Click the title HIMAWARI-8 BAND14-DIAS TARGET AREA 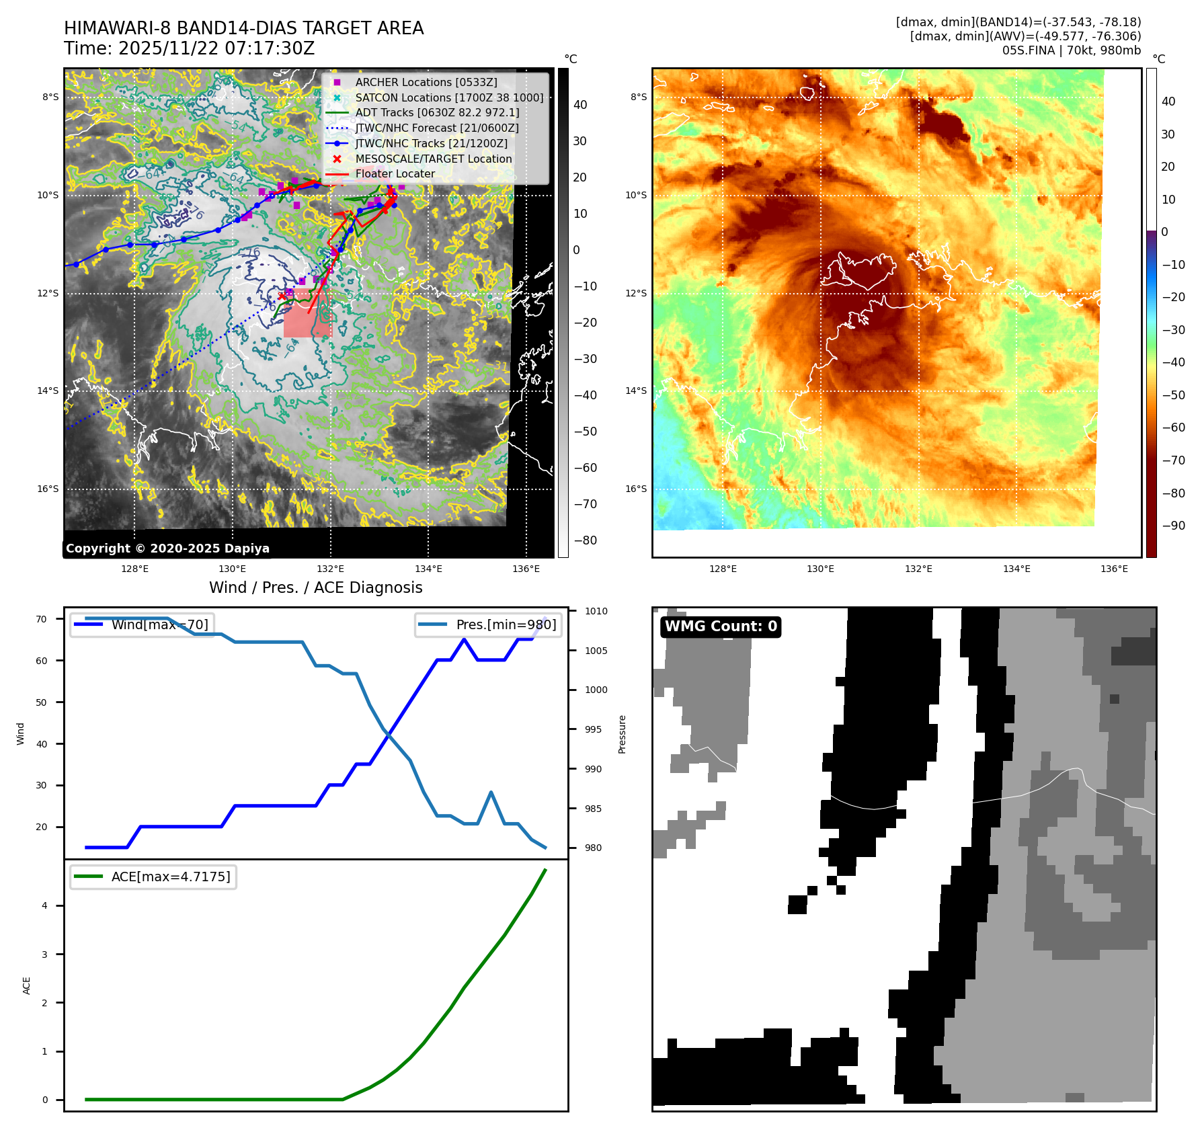click(243, 28)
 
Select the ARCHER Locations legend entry click(426, 82)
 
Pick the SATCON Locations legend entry click(449, 97)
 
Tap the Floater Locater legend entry click(395, 174)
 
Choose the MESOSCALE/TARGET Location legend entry click(433, 159)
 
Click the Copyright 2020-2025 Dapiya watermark click(167, 549)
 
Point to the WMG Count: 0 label click(721, 626)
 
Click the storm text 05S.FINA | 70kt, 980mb click(1072, 50)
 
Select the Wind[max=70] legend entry click(159, 624)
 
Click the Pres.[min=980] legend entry click(506, 624)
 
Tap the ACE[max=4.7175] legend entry click(170, 877)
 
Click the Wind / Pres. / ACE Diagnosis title click(316, 587)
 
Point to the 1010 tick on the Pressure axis click(596, 611)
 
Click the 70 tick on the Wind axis click(42, 619)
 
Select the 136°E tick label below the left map click(526, 569)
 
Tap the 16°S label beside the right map click(636, 489)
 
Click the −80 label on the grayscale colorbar click(585, 540)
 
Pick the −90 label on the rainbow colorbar click(1174, 526)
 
